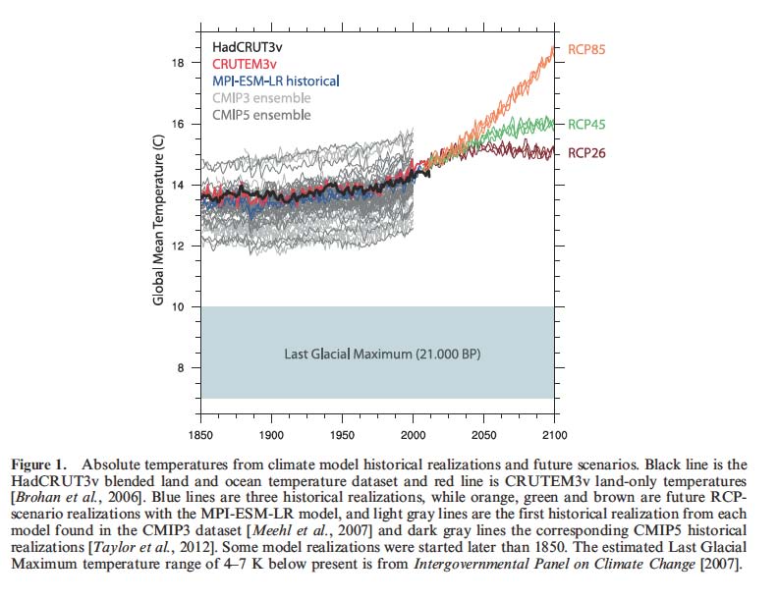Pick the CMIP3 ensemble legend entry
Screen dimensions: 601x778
pyautogui.click(x=260, y=98)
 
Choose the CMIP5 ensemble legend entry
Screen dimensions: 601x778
pyautogui.click(x=260, y=115)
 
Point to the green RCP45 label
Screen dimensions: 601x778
pyautogui.click(x=587, y=125)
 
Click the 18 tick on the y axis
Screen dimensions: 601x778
pyautogui.click(x=178, y=63)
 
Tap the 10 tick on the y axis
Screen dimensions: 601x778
pyautogui.click(x=178, y=306)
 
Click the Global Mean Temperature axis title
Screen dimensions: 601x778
pyautogui.click(x=157, y=220)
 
